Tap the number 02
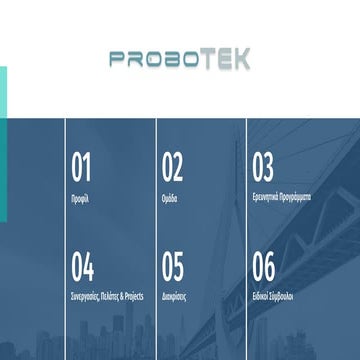pyautogui.click(x=173, y=168)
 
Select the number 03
pyautogui.click(x=263, y=168)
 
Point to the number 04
pyautogui.click(x=83, y=267)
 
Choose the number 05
pyautogui.click(x=173, y=267)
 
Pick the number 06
pyautogui.click(x=263, y=267)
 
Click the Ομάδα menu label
pyautogui.click(x=172, y=198)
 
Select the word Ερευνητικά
pyautogui.click(x=267, y=198)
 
